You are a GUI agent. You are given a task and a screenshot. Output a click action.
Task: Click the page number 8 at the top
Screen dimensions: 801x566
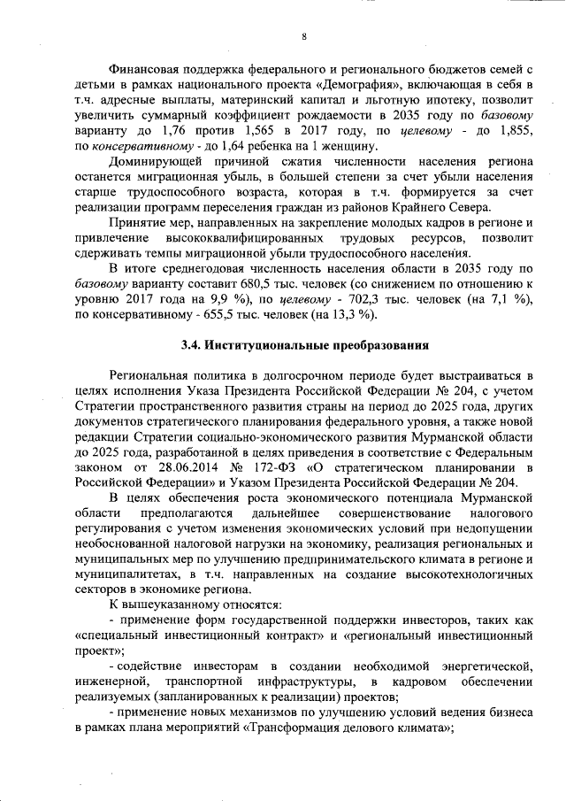click(x=302, y=36)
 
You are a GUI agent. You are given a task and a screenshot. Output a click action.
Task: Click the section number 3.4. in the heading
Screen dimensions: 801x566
click(x=193, y=346)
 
